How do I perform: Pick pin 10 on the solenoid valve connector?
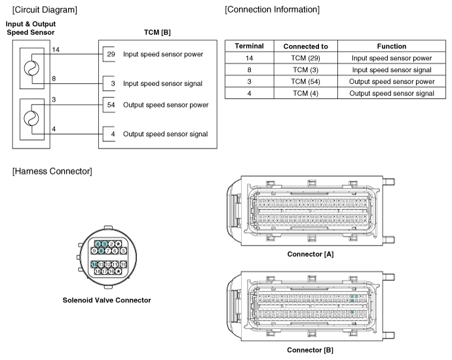122,264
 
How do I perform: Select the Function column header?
392,46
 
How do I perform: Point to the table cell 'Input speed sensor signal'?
392,70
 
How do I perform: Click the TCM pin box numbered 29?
110,54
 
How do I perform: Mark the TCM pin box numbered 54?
110,105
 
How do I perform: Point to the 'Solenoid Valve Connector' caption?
107,300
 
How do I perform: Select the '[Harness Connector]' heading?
52,171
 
